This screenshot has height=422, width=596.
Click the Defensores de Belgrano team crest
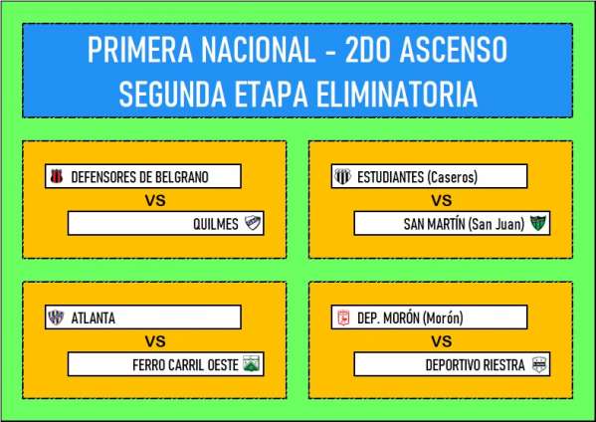pyautogui.click(x=57, y=176)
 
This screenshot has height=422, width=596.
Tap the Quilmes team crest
pyautogui.click(x=253, y=223)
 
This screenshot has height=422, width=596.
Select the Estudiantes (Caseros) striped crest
pyautogui.click(x=342, y=176)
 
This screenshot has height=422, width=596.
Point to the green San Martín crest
pyautogui.click(x=538, y=223)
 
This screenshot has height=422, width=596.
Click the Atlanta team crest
pyautogui.click(x=56, y=317)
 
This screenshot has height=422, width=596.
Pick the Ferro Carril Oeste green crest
pyautogui.click(x=251, y=364)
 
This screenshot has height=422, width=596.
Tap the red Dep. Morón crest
pyautogui.click(x=343, y=317)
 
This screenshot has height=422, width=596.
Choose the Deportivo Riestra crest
pyautogui.click(x=539, y=364)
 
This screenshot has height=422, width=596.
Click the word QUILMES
pyautogui.click(x=216, y=224)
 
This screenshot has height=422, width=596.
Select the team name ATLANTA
pyautogui.click(x=94, y=317)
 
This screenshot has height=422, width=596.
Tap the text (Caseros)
pyautogui.click(x=453, y=177)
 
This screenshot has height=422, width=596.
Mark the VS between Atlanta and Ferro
pyautogui.click(x=155, y=341)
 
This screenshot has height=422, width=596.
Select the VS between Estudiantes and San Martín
pyautogui.click(x=442, y=200)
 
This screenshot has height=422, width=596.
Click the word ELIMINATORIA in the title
pyautogui.click(x=397, y=94)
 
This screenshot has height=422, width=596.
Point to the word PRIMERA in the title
pyautogui.click(x=140, y=50)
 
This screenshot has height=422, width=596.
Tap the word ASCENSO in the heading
pyautogui.click(x=454, y=50)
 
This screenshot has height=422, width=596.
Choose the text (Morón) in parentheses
pyautogui.click(x=443, y=317)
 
